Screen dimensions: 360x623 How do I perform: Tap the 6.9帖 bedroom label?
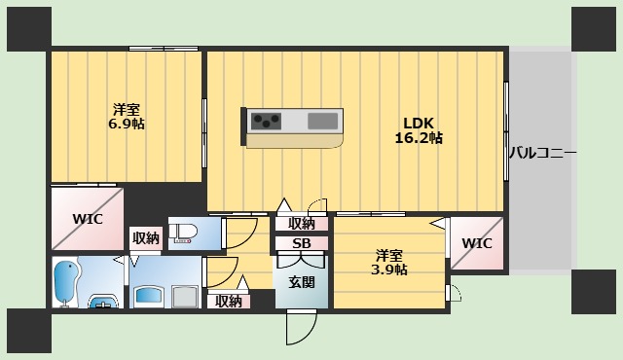pos(127,116)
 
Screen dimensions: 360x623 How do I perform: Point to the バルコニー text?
pos(543,153)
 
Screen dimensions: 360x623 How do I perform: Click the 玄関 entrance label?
pos(301,282)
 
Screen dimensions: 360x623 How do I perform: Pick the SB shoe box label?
pos(302,243)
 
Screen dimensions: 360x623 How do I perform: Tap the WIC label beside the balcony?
pos(477,242)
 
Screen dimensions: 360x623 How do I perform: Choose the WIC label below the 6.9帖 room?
pos(88,218)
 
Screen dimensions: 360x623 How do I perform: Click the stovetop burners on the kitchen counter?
pos(264,122)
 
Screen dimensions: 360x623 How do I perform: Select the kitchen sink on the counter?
pos(324,122)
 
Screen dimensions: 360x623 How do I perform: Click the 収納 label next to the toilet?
pos(146,237)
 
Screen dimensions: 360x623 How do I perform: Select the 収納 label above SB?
pos(302,224)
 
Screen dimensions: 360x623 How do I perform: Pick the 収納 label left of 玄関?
pos(229,301)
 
